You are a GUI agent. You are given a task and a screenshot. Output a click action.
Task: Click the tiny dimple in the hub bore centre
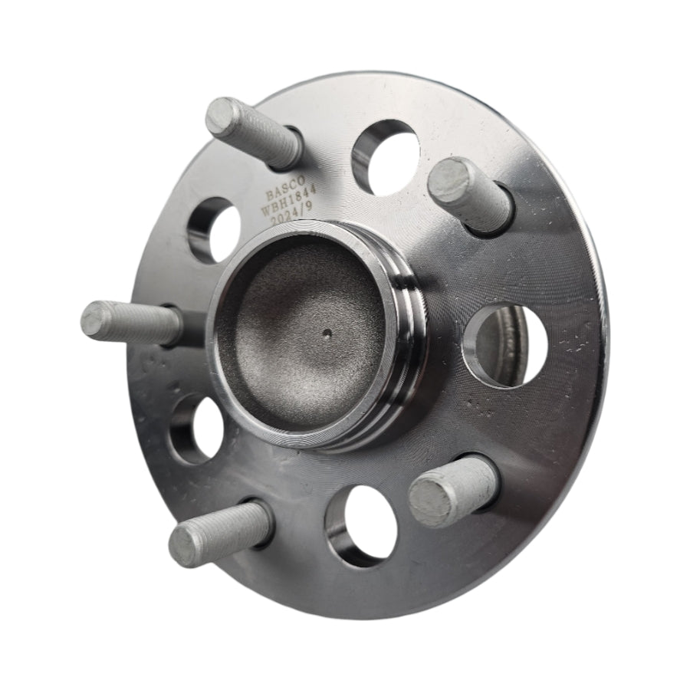pos(327,334)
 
